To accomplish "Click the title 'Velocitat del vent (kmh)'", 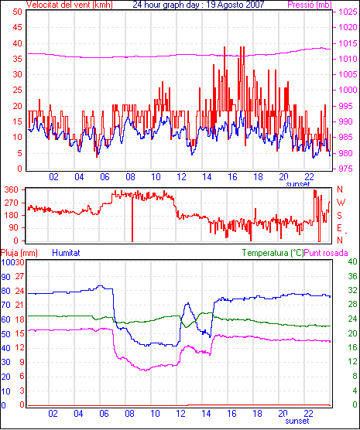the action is (69, 5).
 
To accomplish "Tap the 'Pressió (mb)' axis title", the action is (310, 5).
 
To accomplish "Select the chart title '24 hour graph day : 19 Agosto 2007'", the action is (198, 4).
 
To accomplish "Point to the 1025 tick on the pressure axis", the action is (348, 12).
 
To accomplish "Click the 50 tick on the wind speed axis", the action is (17, 12).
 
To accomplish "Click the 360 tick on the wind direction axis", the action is (12, 189).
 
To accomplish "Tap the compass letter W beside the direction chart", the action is (341, 203).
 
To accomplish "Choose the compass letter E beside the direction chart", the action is (340, 228).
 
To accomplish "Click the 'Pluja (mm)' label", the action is (19, 253).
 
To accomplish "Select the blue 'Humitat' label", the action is (66, 253).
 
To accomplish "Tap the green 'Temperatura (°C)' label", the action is (273, 253).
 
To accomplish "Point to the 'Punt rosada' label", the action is (326, 253).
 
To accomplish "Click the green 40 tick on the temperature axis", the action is (352, 261).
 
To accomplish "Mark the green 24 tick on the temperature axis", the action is (352, 319).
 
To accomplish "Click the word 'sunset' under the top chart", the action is (297, 184).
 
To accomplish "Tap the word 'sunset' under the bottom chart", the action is (297, 421).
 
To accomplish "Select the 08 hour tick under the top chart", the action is (130, 177).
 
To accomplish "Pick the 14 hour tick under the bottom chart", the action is (206, 413).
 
